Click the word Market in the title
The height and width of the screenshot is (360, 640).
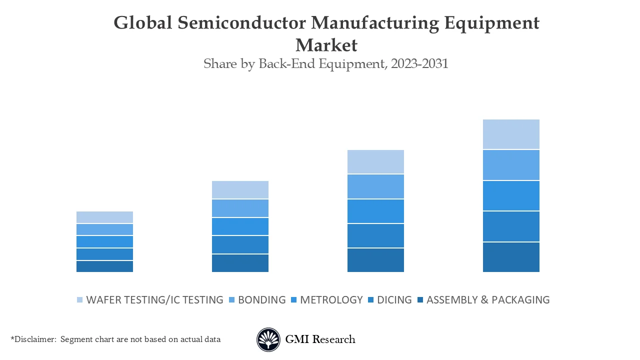tap(326, 45)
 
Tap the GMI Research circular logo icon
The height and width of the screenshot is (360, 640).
tap(268, 339)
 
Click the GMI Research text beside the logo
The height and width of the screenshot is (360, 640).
tap(320, 339)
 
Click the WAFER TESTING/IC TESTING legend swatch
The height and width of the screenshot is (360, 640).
tap(79, 300)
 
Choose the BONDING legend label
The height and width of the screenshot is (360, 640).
tap(261, 300)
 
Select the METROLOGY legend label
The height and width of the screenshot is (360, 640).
tap(331, 300)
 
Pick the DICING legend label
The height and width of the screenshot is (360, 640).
tap(394, 300)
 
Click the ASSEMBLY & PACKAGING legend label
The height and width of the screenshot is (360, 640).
tap(487, 300)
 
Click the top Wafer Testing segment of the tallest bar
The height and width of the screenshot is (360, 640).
tap(511, 134)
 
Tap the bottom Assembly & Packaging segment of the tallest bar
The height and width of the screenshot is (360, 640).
tap(511, 257)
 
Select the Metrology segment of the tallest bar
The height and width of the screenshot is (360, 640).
tap(511, 195)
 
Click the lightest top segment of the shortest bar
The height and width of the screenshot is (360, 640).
tap(104, 217)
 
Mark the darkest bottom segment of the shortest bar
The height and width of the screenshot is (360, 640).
tap(104, 266)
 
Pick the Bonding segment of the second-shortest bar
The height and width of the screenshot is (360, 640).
tap(240, 208)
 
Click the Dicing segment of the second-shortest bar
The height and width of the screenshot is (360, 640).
tap(240, 244)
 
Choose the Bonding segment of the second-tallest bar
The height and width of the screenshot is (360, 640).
tap(375, 186)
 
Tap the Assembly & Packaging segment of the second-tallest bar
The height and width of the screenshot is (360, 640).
tap(375, 260)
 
